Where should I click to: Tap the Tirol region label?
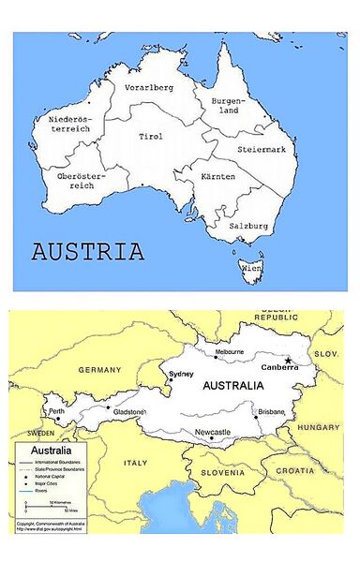click(150, 137)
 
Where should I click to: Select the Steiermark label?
click(262, 149)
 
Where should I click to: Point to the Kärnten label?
click(217, 177)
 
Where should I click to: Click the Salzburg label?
click(249, 226)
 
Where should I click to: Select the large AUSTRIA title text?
click(88, 252)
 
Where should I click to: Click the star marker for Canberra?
click(289, 360)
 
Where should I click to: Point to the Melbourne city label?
click(230, 352)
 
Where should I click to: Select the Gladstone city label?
click(128, 412)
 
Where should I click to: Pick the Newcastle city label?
click(213, 432)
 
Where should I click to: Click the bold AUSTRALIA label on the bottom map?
click(234, 385)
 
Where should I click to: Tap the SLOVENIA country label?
click(221, 471)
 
